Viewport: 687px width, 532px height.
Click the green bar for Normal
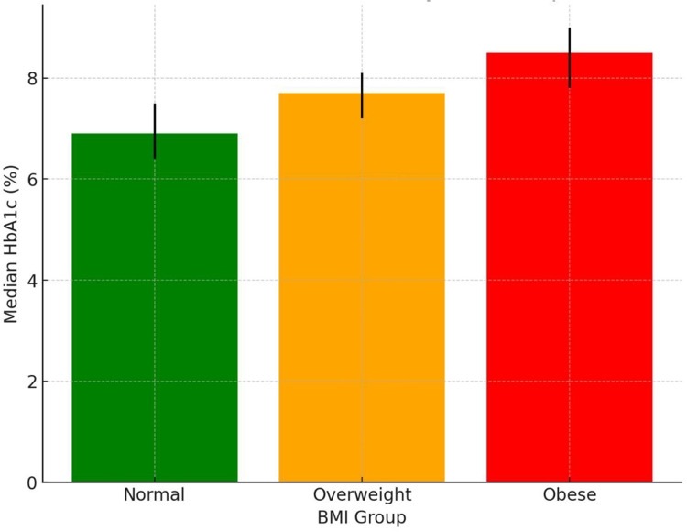[155, 308]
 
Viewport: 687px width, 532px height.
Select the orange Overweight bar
[362, 288]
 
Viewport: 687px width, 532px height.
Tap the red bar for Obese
[570, 268]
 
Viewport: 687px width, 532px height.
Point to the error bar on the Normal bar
[155, 131]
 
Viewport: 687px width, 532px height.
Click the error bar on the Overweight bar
[362, 95]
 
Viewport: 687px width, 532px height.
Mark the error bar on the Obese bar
[570, 58]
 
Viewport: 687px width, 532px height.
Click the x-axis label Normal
[154, 494]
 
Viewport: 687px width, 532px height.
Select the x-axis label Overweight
[363, 495]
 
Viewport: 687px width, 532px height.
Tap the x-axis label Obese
[570, 494]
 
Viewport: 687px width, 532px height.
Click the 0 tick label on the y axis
[32, 482]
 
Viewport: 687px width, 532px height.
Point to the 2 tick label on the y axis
[32, 382]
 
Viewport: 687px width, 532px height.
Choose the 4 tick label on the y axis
[32, 281]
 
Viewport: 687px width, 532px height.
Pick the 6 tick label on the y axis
[32, 179]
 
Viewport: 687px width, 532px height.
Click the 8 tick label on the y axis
[32, 79]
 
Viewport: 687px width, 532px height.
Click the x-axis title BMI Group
[362, 518]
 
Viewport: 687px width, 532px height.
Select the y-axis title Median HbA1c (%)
[10, 244]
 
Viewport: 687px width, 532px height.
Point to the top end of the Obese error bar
[570, 28]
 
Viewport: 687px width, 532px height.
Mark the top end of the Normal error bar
[155, 104]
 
